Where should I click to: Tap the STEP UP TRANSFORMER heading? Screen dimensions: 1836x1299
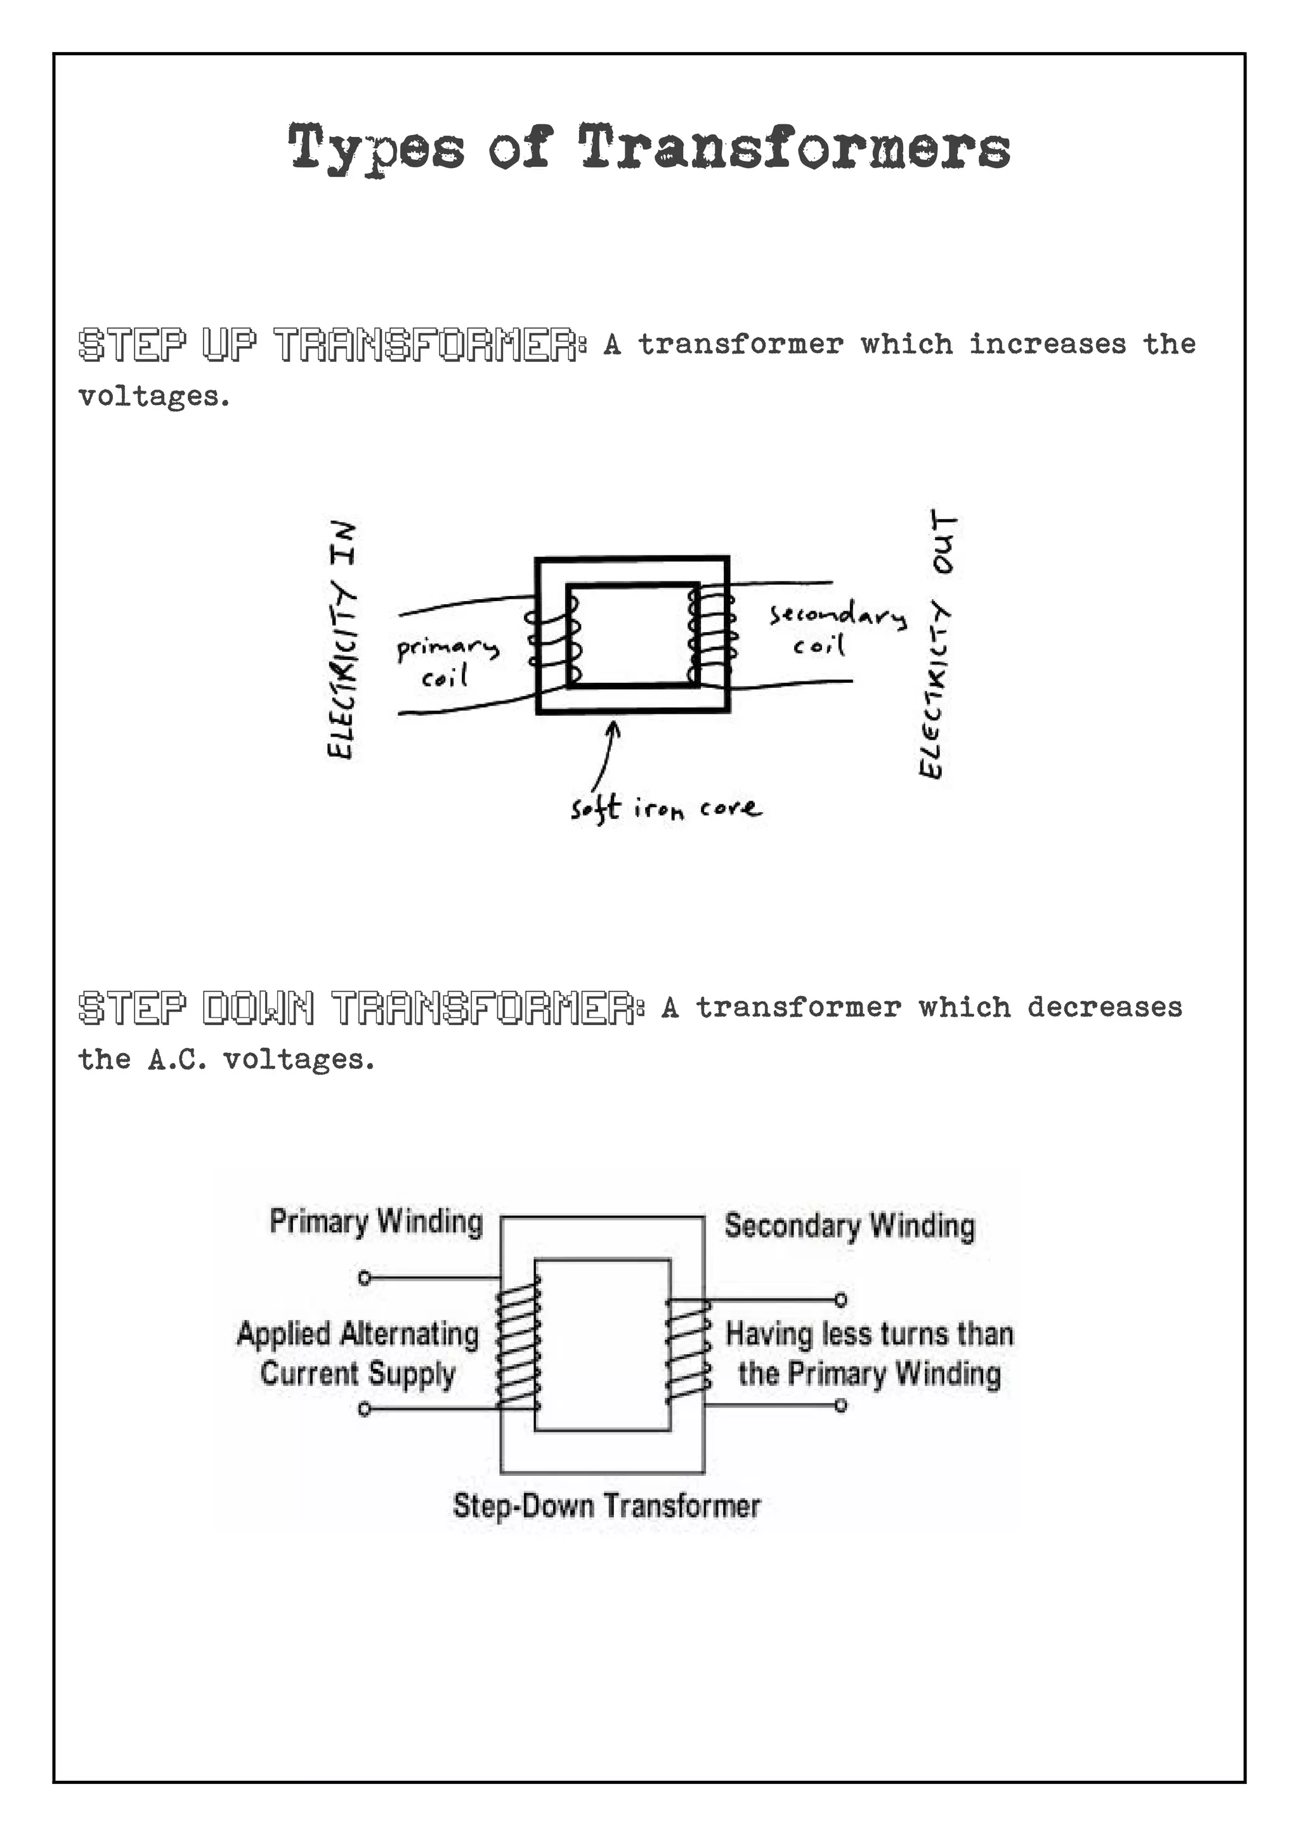(x=331, y=345)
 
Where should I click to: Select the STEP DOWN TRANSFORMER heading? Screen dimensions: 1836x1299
(x=360, y=1007)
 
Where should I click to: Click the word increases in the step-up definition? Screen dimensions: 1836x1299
(x=1047, y=345)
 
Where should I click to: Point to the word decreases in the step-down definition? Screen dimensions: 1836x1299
(x=1104, y=1007)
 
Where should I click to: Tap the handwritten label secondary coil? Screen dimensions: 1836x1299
(x=837, y=628)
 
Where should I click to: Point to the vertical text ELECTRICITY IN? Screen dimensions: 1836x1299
(x=341, y=640)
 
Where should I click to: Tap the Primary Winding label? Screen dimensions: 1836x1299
(x=376, y=1222)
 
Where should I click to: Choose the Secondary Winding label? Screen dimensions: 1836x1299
(x=849, y=1226)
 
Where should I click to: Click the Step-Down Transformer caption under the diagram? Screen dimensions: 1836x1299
(x=606, y=1506)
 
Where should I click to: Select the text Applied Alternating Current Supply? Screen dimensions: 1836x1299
(x=358, y=1354)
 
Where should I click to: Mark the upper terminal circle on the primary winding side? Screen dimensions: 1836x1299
(x=365, y=1278)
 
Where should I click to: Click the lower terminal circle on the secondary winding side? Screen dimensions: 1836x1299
(x=840, y=1405)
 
